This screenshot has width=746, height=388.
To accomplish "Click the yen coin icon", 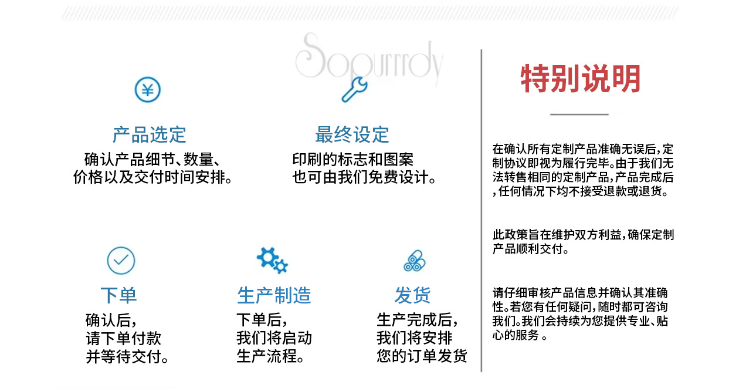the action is pos(148,90).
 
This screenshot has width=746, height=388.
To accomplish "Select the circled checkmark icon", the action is pos(121,261).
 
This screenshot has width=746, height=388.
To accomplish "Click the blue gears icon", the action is pos(273,261).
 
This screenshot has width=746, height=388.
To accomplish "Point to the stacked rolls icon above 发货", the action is pos(415,261).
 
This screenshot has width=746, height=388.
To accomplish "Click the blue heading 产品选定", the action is pos(149,135).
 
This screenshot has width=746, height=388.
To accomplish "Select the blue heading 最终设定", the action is pos(352,135).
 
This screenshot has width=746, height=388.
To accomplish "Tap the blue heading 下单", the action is pos(118,295).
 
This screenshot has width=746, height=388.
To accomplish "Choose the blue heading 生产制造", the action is pos(274,295).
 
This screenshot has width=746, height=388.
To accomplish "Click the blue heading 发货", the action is pos(412,295).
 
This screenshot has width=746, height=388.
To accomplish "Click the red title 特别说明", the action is pos(581,79).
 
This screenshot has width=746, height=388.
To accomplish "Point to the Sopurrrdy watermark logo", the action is pos(369,58).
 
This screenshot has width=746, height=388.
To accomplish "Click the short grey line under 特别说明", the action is pos(579,114).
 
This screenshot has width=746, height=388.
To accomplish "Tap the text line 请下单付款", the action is pos(124,339).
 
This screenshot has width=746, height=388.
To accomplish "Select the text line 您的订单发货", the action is pos(422,356).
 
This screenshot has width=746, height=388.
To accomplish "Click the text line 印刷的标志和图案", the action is pos(352,159).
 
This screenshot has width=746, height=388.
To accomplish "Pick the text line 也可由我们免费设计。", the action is pos(364,177).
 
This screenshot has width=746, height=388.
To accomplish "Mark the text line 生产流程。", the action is pos(270,356).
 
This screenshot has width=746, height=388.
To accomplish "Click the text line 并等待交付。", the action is pos(127,357).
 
